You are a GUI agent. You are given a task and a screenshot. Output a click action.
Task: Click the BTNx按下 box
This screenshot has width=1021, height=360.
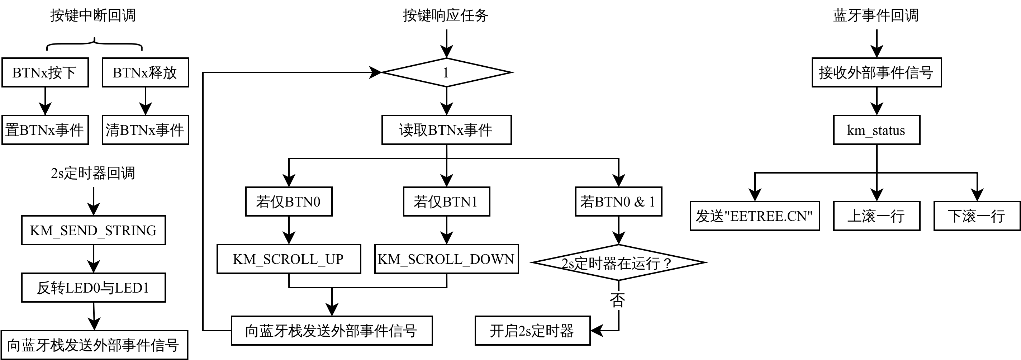45,72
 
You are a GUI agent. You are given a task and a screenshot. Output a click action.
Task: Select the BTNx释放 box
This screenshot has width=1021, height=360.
145,72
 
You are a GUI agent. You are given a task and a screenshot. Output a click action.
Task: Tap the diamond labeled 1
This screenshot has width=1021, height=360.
446,72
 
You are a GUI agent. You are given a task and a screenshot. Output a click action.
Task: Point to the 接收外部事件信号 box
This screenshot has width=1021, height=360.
876,72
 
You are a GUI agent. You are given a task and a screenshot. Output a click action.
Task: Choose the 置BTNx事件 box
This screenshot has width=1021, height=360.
45,130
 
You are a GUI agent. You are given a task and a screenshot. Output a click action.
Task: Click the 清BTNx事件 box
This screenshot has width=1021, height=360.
145,130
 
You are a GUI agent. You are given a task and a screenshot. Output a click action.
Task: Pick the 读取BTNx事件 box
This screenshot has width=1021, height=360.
446,130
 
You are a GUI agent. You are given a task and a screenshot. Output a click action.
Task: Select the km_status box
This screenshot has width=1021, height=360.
876,130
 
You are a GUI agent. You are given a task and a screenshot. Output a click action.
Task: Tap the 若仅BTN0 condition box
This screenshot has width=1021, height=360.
289,202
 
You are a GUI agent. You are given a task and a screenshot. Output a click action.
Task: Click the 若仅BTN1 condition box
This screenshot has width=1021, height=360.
446,202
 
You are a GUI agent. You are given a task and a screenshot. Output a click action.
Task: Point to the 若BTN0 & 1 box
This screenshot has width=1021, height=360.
618,202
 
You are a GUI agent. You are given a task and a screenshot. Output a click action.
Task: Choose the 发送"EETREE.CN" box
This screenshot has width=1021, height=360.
755,216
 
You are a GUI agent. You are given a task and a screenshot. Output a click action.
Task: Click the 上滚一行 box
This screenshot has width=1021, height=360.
876,216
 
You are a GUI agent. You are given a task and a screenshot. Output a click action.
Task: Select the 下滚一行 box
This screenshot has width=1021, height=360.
977,216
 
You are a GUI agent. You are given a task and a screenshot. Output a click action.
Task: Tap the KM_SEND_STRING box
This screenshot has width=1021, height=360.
93,230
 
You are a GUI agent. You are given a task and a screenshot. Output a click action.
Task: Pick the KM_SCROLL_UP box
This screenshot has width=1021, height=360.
289,259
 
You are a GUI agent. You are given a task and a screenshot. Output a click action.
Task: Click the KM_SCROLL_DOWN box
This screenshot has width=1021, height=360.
446,259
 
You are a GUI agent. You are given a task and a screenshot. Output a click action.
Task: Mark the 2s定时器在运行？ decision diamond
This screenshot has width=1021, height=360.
618,262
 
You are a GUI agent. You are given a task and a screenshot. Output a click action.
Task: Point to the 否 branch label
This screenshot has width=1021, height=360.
617,300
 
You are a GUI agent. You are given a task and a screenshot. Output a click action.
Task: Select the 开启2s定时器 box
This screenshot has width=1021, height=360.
532,330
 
